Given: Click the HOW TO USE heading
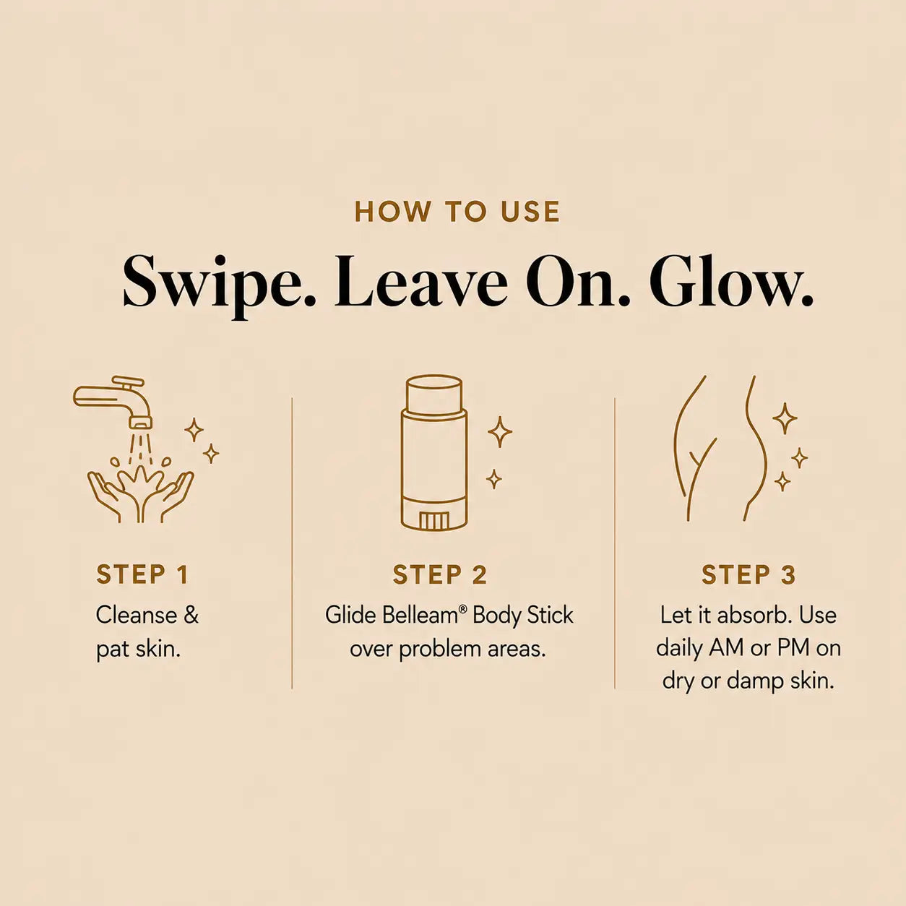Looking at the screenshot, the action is coord(457,212).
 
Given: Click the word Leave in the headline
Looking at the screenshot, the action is coord(422,282).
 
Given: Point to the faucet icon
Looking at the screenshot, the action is coord(113,400).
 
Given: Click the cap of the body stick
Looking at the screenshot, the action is coord(433,395).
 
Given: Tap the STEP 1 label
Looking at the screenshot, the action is coord(142,574).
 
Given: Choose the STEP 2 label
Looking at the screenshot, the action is coord(439,574).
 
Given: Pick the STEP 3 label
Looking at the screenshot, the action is coord(748,574).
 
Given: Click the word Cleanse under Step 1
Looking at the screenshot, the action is coord(137,615).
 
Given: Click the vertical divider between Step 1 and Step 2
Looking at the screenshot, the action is coord(292,543).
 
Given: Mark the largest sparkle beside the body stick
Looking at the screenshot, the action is coord(500,431).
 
